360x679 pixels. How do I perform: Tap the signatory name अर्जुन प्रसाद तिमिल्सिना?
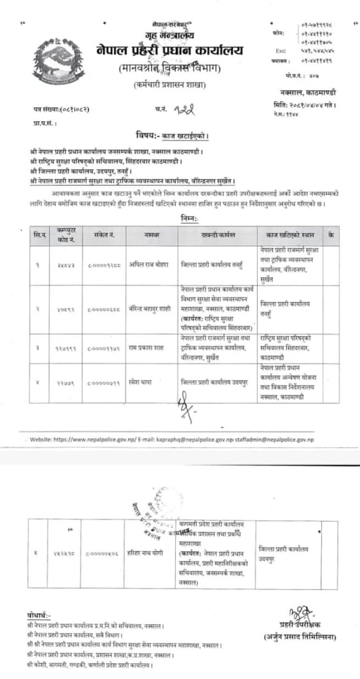pos(302,637)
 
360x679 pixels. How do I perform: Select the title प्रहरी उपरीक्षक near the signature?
pos(301,625)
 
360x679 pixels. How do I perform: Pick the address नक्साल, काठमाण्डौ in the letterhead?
pos(308,94)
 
